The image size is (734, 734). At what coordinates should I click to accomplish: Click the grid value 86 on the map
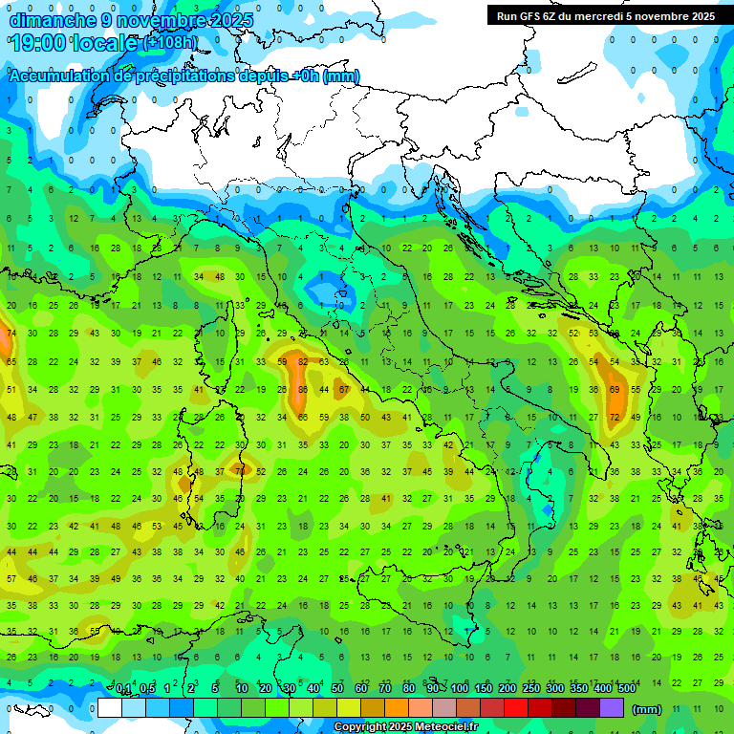coord(303,390)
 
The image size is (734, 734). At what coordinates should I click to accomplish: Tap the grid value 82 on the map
coord(303,362)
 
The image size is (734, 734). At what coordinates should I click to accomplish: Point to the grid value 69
coord(614,390)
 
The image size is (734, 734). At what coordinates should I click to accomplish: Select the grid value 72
coord(614,418)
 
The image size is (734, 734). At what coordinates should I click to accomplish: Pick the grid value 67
coord(344,390)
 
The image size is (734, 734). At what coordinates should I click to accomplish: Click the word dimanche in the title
coord(48,20)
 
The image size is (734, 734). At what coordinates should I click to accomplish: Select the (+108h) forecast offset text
coord(170,43)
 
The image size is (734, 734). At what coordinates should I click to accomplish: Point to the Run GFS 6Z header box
coord(604,16)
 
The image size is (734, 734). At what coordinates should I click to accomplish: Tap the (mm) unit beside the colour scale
coord(647,709)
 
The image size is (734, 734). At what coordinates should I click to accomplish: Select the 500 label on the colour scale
coord(626,689)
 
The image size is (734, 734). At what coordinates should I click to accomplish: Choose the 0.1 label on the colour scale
coord(123,689)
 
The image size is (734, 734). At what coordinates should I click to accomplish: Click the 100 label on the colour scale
coord(460,689)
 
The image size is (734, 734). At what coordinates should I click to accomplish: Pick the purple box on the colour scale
coord(612,708)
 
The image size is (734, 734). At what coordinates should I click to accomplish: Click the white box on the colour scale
coord(110,708)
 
